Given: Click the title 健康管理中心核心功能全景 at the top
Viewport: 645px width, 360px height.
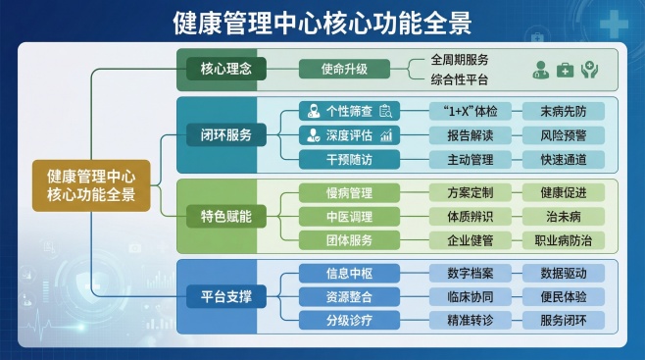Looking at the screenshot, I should tap(322, 22).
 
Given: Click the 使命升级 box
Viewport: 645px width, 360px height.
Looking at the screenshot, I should tap(344, 69).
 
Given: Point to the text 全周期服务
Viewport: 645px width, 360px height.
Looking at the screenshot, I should tap(460, 59).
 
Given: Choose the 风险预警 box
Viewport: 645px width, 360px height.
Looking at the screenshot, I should tap(564, 135).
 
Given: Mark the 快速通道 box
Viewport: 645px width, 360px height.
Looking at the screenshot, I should tap(564, 159).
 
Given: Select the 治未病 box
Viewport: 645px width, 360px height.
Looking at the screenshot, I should tap(564, 216).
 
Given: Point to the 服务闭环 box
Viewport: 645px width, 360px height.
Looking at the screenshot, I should tap(564, 320).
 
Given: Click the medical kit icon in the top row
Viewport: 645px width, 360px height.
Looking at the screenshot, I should tap(566, 70).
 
